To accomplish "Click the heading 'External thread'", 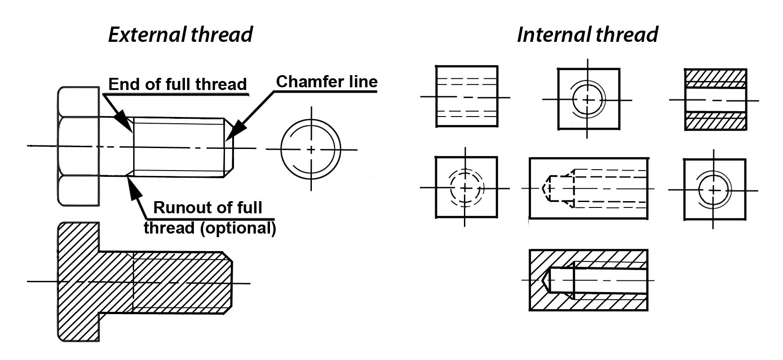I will coord(180,35).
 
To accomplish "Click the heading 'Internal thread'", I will coord(587,35).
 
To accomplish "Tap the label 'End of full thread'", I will coord(178,84).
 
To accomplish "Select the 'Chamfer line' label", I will coord(327,81).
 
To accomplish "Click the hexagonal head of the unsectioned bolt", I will coord(79,146).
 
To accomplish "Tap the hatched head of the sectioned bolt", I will coord(79,282).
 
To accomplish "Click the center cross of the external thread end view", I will coord(310,149).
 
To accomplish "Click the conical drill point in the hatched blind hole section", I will coord(547,280).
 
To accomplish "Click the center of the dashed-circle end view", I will coord(466,187).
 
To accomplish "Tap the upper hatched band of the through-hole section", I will coord(715,78).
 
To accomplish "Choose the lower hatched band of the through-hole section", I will coord(715,121).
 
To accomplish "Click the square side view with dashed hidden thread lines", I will coord(467,96).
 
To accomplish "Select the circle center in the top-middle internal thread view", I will coord(588,99).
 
